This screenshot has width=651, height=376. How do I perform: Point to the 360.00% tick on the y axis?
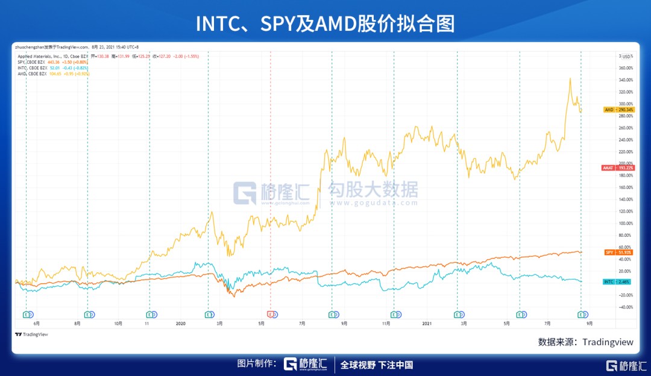(x=625, y=68)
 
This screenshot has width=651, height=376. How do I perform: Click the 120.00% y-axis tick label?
(x=625, y=211)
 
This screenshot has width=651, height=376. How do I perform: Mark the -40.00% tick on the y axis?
(x=625, y=307)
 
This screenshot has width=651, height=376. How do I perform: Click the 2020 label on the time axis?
(x=180, y=324)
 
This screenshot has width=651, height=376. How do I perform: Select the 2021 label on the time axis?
(x=427, y=324)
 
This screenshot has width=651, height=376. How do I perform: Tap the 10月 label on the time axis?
(x=118, y=324)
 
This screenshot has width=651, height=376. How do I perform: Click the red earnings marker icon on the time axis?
(x=271, y=314)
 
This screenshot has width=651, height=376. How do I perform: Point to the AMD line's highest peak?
(x=570, y=78)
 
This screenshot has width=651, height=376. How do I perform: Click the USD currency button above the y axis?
(x=627, y=57)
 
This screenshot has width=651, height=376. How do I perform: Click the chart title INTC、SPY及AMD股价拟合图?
(x=325, y=23)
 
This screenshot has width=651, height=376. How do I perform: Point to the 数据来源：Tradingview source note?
(x=586, y=342)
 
